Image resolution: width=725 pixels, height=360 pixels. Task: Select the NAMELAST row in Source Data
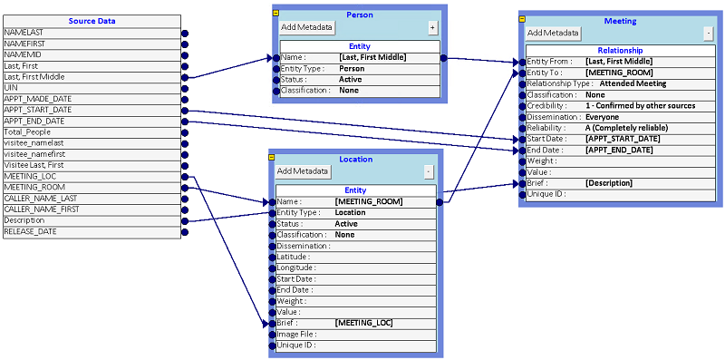coord(91,33)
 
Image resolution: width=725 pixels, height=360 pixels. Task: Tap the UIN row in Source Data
coord(91,87)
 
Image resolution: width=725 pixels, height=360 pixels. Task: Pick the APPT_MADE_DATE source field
coord(91,99)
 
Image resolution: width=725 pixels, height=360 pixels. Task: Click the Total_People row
coord(91,131)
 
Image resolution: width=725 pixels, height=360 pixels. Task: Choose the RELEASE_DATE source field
coord(91,231)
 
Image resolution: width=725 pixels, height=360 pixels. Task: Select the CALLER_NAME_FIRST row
coord(91,209)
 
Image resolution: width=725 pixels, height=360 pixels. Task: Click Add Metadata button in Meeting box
coord(553,33)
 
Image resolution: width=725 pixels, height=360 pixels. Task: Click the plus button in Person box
coord(432,28)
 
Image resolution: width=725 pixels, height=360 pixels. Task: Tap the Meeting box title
coord(620,21)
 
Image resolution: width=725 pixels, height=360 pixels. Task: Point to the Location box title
coord(355,159)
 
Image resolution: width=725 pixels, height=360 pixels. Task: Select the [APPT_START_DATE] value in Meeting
coord(624,139)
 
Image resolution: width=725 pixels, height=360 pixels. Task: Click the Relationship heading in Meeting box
coord(620,50)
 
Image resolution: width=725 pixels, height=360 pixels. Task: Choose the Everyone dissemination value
coord(603,116)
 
